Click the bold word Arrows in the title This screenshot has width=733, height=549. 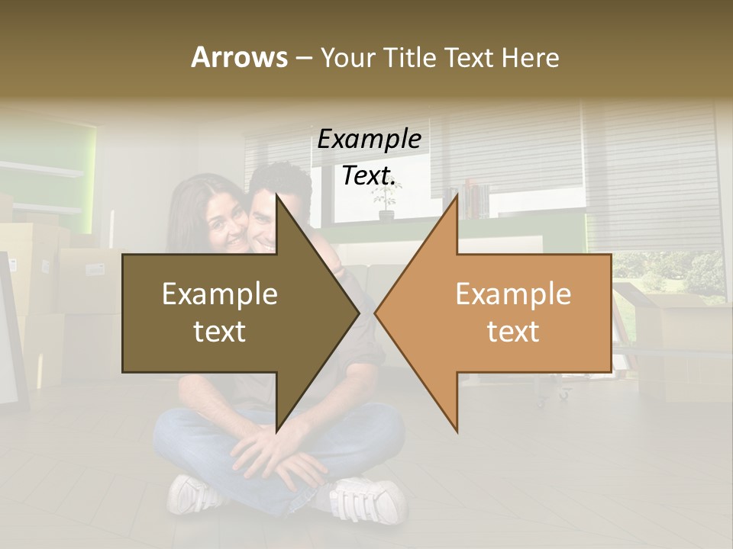(239, 57)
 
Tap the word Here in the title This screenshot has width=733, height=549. (531, 57)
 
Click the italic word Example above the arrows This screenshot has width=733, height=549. (369, 139)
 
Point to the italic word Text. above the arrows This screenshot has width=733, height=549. (369, 175)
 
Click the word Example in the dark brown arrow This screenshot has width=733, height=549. (220, 294)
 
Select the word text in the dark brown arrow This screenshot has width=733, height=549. (220, 332)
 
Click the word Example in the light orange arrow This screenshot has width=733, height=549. (513, 294)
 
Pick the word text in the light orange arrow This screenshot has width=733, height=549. (513, 332)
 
